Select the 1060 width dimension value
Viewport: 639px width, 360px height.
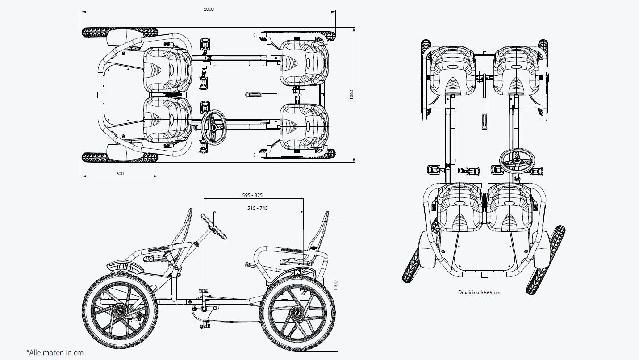[x=351, y=95]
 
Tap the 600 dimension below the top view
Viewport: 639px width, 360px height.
[x=120, y=173]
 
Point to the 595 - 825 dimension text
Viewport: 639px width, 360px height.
[x=253, y=195]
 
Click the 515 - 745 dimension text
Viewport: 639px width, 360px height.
[x=258, y=208]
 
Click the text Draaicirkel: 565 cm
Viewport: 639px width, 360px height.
[x=479, y=293]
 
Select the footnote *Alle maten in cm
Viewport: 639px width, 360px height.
[x=55, y=353]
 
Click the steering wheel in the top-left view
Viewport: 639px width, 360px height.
[x=214, y=127]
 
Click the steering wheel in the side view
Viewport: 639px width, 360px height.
[x=213, y=226]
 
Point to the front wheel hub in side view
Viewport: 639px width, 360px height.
[x=120, y=311]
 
